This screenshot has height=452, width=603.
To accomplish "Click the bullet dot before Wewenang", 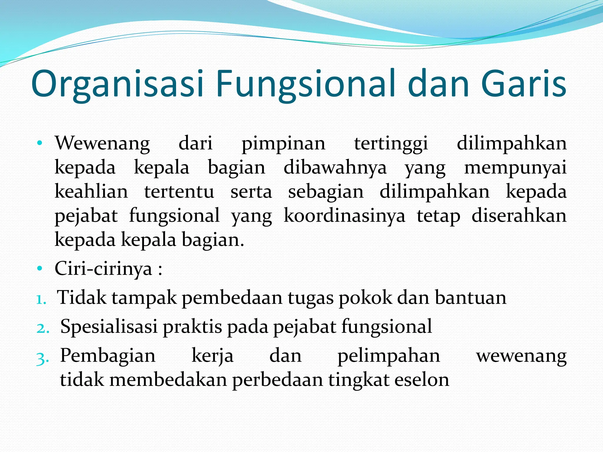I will click(40, 144).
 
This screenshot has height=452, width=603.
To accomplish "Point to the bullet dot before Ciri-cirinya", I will click(40, 269).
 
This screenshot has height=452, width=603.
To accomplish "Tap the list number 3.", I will click(43, 358).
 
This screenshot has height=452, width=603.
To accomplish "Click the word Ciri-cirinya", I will click(103, 269).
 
